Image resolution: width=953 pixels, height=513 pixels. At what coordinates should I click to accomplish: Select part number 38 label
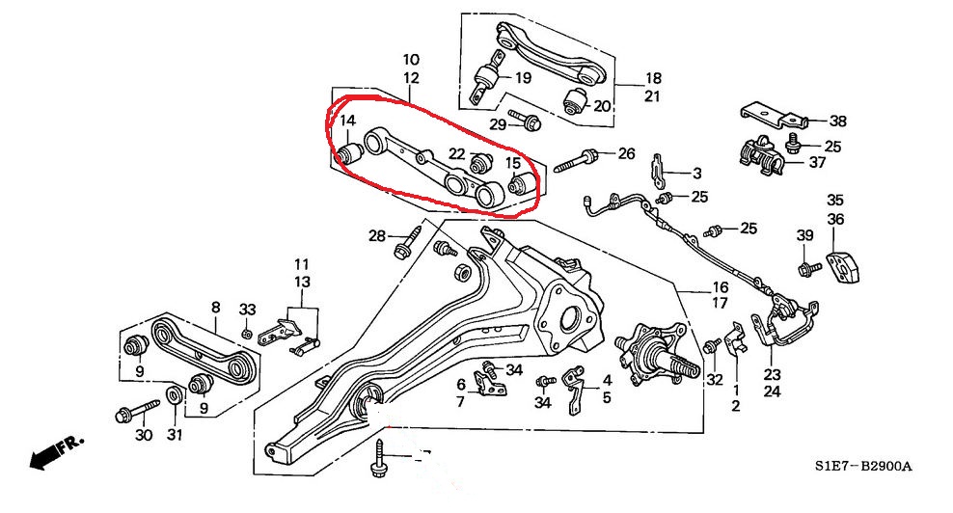[836, 122]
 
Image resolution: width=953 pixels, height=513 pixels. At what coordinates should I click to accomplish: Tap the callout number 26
[627, 153]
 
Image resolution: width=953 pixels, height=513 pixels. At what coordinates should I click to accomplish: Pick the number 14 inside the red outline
[347, 122]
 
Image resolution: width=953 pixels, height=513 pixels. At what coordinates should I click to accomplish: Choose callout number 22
[456, 154]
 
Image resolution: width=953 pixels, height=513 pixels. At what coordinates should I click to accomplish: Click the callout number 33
[248, 309]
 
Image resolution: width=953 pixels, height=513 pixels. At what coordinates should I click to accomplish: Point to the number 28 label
[376, 235]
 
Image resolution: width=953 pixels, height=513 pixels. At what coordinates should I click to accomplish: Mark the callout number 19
[523, 77]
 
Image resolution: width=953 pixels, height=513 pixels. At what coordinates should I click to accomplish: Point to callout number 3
[696, 174]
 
